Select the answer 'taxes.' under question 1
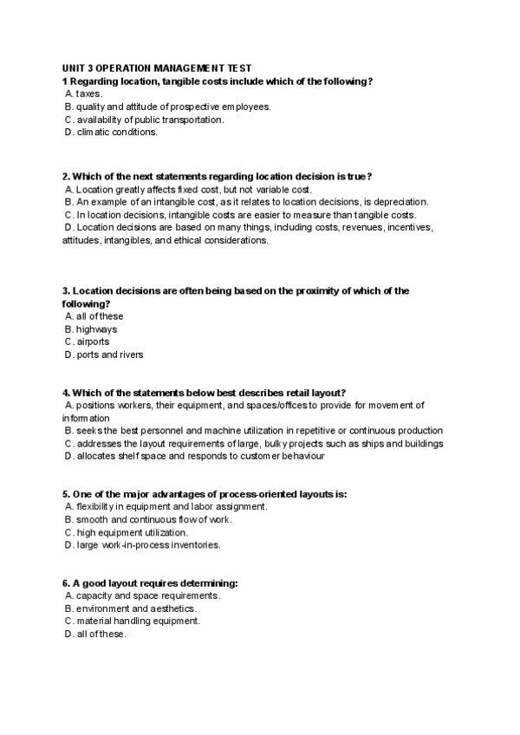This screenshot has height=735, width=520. pyautogui.click(x=88, y=93)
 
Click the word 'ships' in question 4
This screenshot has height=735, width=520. pyautogui.click(x=385, y=443)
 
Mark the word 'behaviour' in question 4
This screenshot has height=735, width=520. pyautogui.click(x=302, y=455)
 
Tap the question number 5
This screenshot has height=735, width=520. pyautogui.click(x=65, y=494)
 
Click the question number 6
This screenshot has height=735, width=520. pyautogui.click(x=65, y=583)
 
